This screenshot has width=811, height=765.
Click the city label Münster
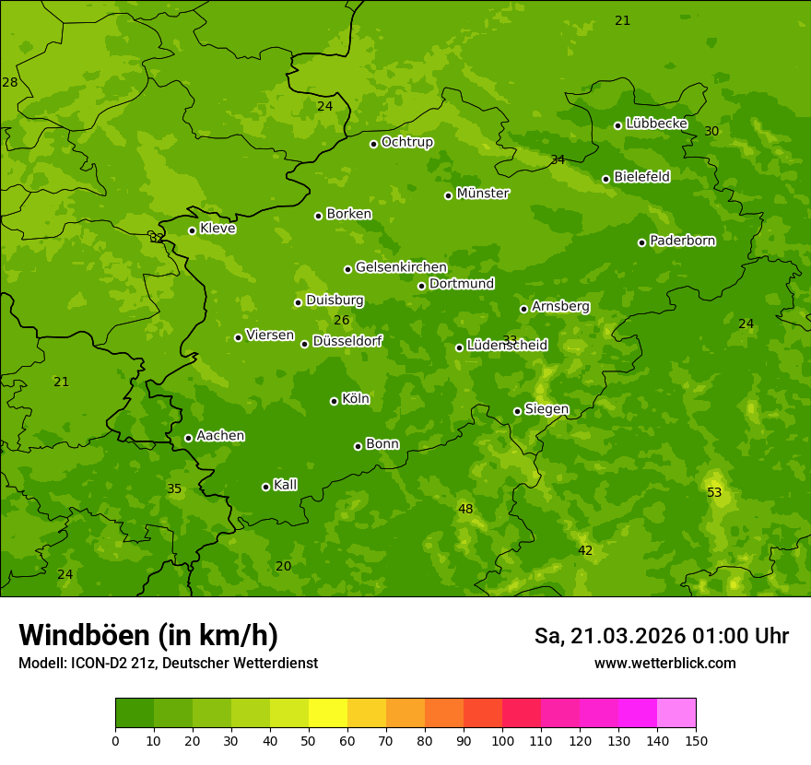tap(482, 194)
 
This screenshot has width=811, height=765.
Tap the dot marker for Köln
tap(334, 401)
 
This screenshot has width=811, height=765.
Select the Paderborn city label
tap(682, 241)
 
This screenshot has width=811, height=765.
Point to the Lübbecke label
tap(656, 124)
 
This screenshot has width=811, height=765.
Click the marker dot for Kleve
tap(192, 230)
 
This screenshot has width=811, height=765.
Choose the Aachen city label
tap(220, 436)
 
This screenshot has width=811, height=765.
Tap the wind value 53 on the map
tap(714, 493)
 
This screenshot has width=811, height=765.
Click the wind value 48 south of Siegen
tap(465, 510)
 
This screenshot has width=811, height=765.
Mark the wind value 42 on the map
tap(585, 551)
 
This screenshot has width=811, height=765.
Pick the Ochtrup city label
tap(406, 142)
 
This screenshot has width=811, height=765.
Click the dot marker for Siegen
tap(517, 411)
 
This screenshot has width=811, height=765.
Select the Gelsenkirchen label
tap(401, 267)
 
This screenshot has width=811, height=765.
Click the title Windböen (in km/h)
tap(148, 635)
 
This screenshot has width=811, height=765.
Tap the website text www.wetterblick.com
tap(664, 663)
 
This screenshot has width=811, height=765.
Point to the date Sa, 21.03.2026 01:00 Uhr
tap(661, 636)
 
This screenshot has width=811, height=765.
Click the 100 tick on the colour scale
tap(502, 740)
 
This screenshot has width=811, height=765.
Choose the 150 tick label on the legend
tap(695, 740)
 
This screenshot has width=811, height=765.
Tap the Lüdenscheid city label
tap(507, 346)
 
